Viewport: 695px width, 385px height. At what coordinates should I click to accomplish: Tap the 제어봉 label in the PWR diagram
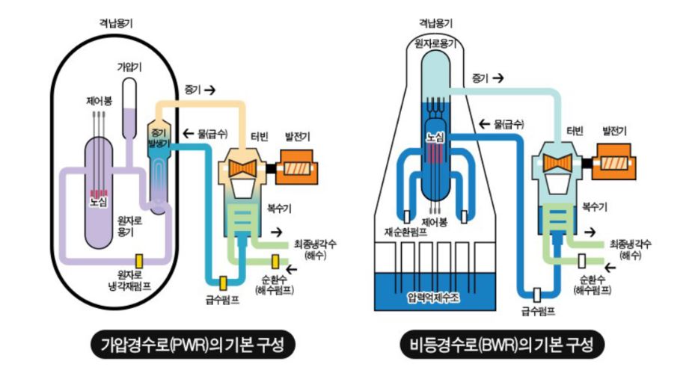pyautogui.click(x=99, y=101)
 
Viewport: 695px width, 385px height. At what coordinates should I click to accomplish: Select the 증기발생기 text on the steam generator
pyautogui.click(x=159, y=135)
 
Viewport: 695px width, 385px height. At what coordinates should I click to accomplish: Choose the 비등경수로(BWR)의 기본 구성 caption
pyautogui.click(x=502, y=345)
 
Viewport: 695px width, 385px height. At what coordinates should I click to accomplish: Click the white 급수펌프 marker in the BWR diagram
pyautogui.click(x=537, y=293)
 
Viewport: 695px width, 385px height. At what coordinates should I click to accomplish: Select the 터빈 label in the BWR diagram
pyautogui.click(x=575, y=130)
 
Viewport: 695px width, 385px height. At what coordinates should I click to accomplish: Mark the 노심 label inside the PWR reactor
pyautogui.click(x=98, y=201)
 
